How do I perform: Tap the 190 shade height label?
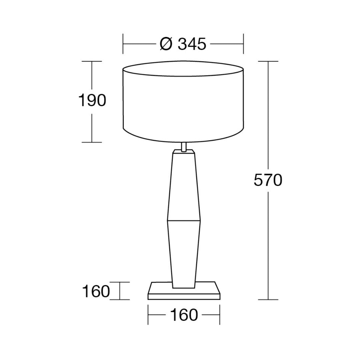(92, 100)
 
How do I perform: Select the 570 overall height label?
(268, 180)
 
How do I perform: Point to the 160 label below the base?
(184, 315)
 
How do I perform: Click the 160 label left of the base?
(96, 291)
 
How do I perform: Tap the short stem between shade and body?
(183, 147)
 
